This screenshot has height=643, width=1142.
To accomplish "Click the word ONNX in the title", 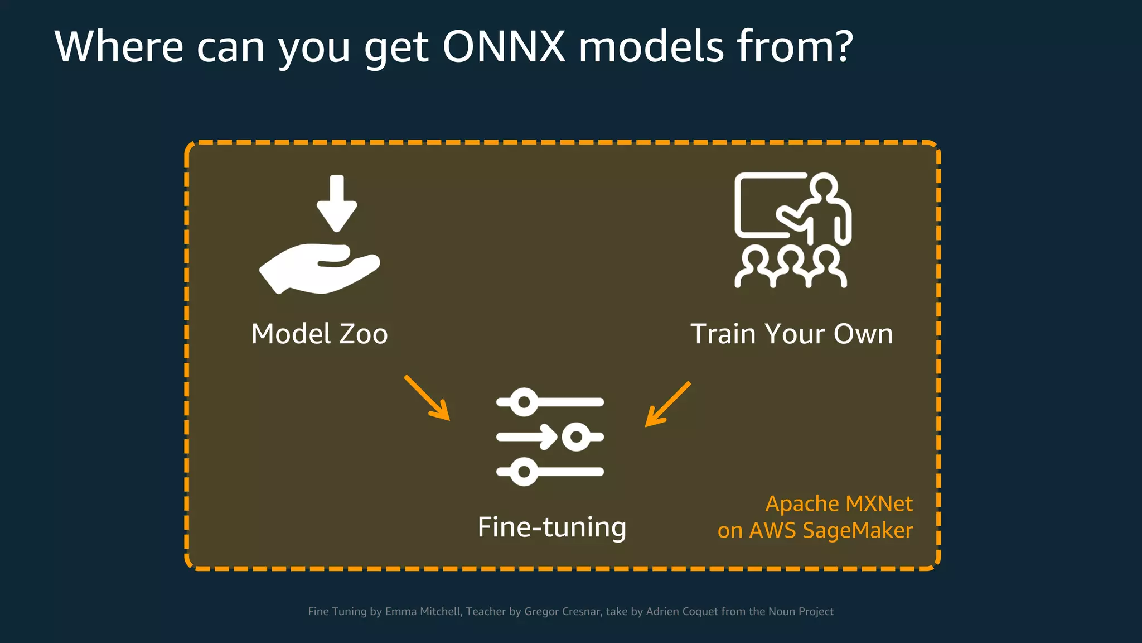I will [504, 47].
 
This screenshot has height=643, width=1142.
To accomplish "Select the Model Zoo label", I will [320, 334].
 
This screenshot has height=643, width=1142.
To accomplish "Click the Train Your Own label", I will [791, 334].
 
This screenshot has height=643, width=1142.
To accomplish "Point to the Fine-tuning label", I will [552, 527].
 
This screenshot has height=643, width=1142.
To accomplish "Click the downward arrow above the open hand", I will [336, 203].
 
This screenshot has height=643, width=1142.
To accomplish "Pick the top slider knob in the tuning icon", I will [524, 402].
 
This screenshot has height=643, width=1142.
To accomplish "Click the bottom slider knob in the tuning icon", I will [524, 472].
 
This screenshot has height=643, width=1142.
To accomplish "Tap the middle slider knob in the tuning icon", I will [576, 436].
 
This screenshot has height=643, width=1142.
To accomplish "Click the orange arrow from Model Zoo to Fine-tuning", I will [427, 397].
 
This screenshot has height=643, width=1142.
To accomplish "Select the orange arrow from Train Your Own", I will [667, 404].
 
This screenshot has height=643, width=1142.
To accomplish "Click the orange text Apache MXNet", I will [839, 504].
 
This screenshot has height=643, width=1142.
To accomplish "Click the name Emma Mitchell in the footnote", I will [423, 612].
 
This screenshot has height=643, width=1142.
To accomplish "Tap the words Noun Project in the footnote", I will [801, 612].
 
